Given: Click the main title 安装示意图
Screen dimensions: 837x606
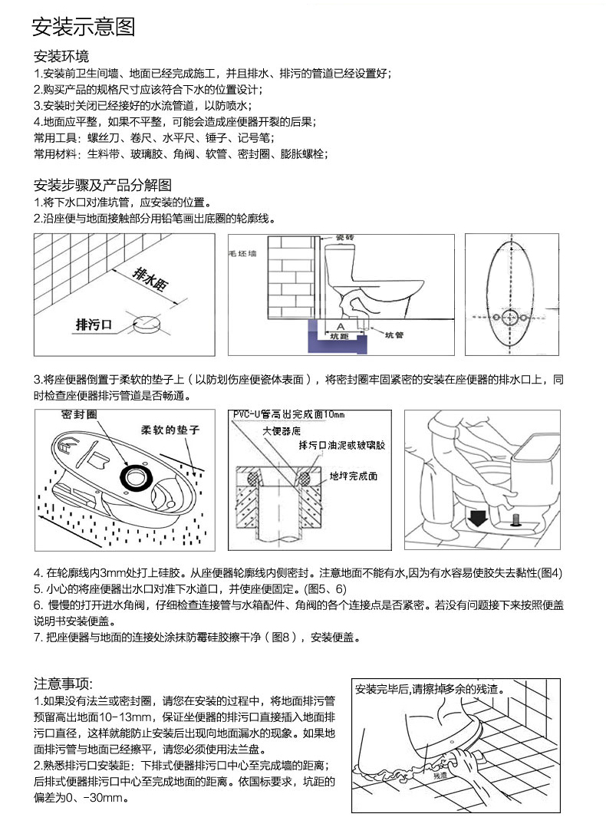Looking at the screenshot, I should click(84, 28).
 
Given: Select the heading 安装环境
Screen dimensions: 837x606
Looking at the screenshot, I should click(61, 57).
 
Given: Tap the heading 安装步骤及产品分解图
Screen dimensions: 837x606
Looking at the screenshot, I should click(103, 186).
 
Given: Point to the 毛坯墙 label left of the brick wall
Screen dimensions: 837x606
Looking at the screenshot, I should click(244, 252).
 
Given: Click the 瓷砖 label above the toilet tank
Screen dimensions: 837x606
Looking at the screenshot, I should click(344, 239).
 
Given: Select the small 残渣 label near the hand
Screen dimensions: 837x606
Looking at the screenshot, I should click(439, 776).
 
